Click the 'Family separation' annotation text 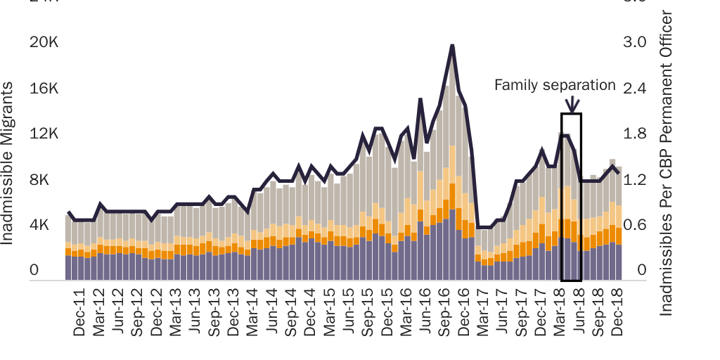[x=554, y=85]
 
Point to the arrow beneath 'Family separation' [x=572, y=104]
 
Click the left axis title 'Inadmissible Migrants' [x=8, y=163]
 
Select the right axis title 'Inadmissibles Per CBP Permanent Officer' [x=667, y=163]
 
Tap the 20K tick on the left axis [x=44, y=42]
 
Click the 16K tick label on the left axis [x=44, y=88]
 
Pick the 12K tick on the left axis [x=44, y=134]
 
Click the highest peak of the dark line [x=452, y=46]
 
